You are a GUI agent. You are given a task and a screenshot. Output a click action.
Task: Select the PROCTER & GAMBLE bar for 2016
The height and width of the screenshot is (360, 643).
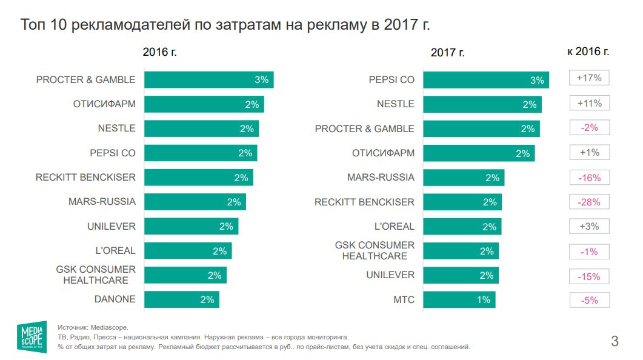click(209, 80)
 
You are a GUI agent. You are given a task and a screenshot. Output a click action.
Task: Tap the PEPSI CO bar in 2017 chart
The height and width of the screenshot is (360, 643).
click(485, 80)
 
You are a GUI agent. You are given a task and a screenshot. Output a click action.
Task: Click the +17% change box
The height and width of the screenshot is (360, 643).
click(589, 79)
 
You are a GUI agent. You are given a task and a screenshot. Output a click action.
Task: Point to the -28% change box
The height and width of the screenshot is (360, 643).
click(589, 202)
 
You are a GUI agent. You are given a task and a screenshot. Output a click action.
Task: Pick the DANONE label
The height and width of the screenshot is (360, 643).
click(115, 299)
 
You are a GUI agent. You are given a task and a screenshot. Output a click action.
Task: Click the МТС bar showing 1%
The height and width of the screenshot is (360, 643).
click(459, 299)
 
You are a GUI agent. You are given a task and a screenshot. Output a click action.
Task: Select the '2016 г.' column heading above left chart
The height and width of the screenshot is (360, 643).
click(159, 52)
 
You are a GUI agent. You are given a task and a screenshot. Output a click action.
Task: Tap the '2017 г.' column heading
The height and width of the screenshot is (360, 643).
click(447, 53)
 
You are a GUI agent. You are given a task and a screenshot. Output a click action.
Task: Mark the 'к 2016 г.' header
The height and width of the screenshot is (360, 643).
click(588, 52)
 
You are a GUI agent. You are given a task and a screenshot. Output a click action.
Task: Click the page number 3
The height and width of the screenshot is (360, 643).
click(615, 341)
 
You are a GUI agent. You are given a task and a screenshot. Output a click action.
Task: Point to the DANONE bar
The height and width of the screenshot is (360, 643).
click(182, 299)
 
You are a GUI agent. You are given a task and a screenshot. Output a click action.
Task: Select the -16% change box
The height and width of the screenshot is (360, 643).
click(589, 178)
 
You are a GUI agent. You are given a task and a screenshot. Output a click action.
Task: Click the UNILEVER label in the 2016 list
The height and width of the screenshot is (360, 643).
click(111, 226)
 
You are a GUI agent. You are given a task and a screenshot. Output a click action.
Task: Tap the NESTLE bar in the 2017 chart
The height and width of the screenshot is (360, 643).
click(482, 104)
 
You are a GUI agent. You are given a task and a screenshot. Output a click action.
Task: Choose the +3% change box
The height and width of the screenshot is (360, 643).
click(589, 227)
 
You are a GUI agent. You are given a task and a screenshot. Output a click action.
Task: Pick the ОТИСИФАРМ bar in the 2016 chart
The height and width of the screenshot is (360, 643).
click(204, 104)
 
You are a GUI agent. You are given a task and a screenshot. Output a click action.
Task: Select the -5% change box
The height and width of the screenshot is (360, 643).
click(589, 300)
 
